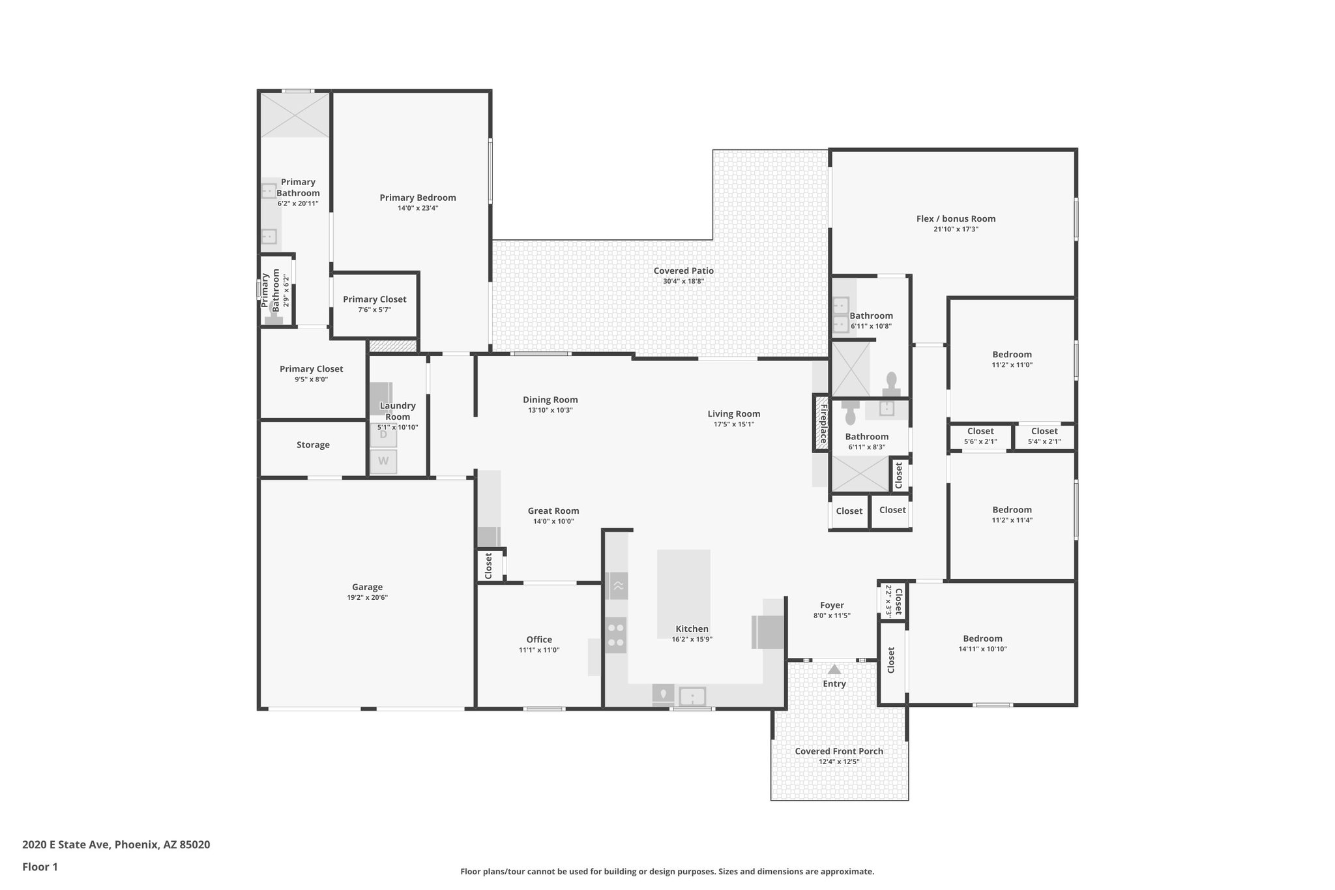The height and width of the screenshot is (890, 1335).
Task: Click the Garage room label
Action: pyautogui.click(x=367, y=587)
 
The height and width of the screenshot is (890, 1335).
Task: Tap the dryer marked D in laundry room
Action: pyautogui.click(x=383, y=435)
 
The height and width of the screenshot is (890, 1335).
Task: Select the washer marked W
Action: pyautogui.click(x=383, y=462)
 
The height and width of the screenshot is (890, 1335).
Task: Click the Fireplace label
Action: pyautogui.click(x=823, y=424)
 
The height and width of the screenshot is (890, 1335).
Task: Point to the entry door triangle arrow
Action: pyautogui.click(x=834, y=670)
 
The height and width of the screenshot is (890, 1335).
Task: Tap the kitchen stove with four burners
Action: pyautogui.click(x=615, y=635)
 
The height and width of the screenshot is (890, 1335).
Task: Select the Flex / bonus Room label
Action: pyautogui.click(x=956, y=218)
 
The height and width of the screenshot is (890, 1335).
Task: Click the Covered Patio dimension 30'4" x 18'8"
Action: pyautogui.click(x=683, y=282)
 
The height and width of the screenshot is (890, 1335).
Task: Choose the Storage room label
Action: pyautogui.click(x=313, y=445)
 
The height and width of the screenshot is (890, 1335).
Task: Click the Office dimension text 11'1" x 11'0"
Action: pyautogui.click(x=539, y=650)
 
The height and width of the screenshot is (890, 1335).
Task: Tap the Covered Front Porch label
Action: pyautogui.click(x=839, y=751)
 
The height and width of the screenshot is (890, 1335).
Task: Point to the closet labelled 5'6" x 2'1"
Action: pyautogui.click(x=980, y=436)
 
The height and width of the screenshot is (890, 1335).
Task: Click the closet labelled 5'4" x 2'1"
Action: pyautogui.click(x=1044, y=436)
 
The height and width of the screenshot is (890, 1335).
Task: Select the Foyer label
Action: pyautogui.click(x=832, y=605)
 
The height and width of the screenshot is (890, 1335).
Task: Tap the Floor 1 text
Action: pyautogui.click(x=40, y=867)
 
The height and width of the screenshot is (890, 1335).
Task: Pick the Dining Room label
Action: pyautogui.click(x=550, y=400)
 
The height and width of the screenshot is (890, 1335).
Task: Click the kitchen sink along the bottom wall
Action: pyautogui.click(x=692, y=696)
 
